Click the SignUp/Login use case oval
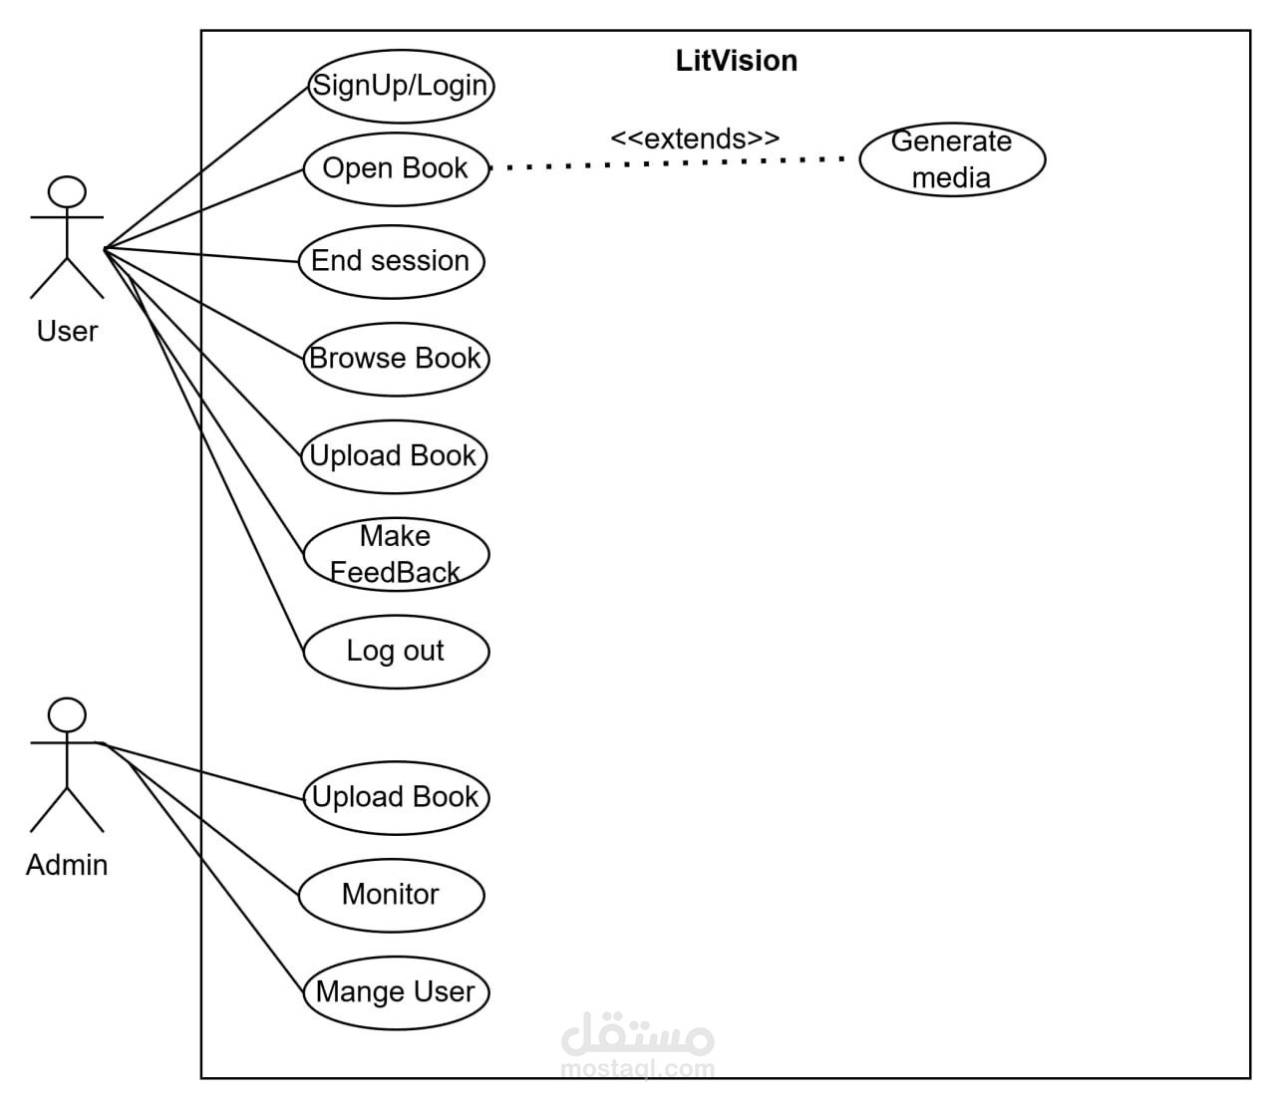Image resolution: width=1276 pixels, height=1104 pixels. click(401, 85)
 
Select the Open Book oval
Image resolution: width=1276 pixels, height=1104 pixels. click(396, 168)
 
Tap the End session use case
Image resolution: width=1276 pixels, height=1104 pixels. click(391, 261)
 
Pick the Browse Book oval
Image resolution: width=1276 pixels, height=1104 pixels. click(396, 359)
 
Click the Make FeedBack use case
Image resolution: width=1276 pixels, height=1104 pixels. click(396, 554)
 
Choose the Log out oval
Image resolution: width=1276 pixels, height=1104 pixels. click(396, 651)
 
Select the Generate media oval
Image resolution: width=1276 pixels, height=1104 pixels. click(952, 159)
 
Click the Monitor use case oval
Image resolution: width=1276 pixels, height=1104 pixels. click(391, 895)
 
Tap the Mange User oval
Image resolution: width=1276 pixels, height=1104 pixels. click(396, 992)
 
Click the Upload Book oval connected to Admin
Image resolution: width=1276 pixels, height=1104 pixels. click(396, 797)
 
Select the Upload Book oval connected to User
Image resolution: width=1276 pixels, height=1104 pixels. click(394, 456)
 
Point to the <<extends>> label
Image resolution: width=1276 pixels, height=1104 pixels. click(695, 138)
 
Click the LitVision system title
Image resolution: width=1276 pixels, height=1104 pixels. click(737, 61)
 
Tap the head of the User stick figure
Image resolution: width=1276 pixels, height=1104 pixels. click(68, 191)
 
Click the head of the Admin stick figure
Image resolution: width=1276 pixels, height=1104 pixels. click(68, 714)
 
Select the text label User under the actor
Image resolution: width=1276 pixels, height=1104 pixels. click(67, 331)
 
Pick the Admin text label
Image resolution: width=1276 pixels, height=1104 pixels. click(67, 865)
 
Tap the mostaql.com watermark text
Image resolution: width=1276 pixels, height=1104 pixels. click(638, 1069)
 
